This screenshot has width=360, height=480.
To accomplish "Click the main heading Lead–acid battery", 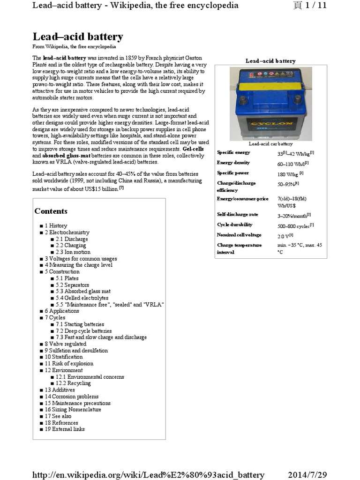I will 78,37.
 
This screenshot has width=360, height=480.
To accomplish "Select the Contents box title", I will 51,211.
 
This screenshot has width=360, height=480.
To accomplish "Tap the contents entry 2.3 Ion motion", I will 73,252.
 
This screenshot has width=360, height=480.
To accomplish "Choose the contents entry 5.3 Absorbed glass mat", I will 83,291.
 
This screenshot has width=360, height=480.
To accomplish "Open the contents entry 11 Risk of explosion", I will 69,363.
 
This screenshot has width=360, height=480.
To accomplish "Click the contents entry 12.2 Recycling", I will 74,383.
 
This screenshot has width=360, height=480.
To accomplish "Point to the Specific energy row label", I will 233,152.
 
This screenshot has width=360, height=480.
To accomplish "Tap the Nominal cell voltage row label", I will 239,235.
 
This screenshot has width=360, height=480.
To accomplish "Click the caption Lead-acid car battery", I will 270,144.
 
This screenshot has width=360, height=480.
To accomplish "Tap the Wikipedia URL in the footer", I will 149,474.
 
